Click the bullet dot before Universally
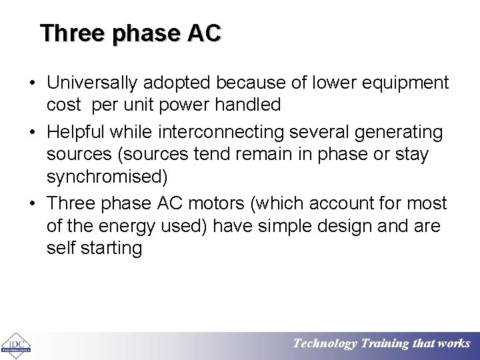pyautogui.click(x=32, y=83)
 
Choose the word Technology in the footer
pyautogui.click(x=325, y=344)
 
